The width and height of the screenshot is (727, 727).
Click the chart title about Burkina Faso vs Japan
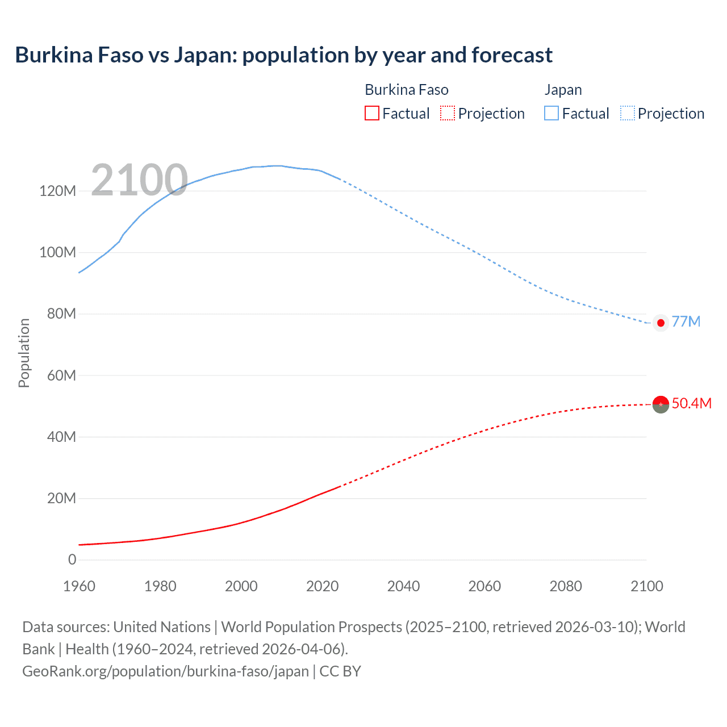[x=283, y=55]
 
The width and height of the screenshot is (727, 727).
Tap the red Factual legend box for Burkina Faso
[x=371, y=113]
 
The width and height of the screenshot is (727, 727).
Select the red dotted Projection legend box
[x=448, y=113]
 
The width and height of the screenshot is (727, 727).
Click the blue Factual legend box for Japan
[x=551, y=113]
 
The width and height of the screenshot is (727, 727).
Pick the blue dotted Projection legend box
[x=627, y=113]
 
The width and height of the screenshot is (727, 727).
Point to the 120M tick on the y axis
[x=57, y=191]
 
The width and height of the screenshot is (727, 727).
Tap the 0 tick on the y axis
[x=72, y=559]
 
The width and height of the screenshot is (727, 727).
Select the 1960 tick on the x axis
[x=79, y=586]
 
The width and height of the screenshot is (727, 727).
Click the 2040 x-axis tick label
[x=403, y=586]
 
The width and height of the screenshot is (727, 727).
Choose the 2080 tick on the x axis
[x=566, y=586]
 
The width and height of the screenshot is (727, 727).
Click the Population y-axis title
[x=24, y=353]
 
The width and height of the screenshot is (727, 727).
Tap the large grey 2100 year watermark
[x=139, y=180]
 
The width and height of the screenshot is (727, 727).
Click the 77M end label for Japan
[x=686, y=321]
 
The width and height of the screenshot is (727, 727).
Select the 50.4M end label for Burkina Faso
[x=691, y=403]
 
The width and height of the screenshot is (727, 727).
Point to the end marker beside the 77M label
[x=661, y=323]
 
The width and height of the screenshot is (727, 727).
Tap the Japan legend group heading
[x=563, y=90]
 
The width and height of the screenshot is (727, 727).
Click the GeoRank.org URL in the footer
[x=165, y=671]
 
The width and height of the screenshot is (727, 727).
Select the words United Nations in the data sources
[x=162, y=626]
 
